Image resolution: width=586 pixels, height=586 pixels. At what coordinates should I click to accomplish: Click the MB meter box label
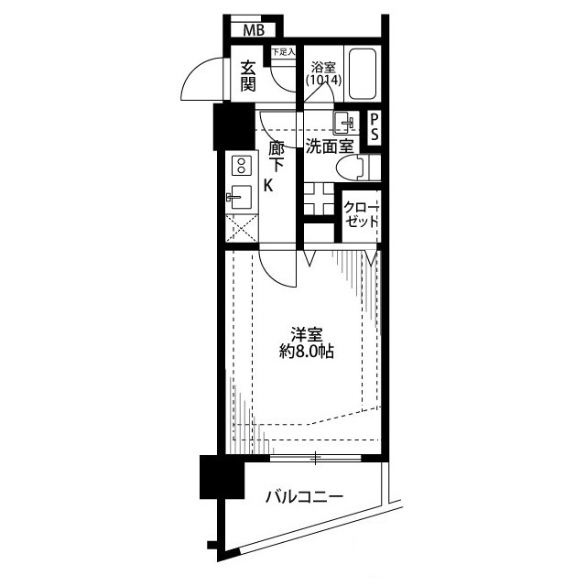(254, 30)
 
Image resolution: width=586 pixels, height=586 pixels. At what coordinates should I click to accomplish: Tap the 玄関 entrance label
(248, 76)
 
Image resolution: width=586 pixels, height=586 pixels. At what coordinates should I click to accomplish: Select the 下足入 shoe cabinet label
(283, 51)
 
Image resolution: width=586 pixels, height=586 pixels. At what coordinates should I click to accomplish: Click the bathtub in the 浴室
(362, 73)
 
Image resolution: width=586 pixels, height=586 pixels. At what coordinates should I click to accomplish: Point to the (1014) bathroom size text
(323, 80)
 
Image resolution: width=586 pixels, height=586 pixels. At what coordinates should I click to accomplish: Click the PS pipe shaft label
(374, 127)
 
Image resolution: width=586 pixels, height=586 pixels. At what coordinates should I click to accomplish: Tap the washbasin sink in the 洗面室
(344, 123)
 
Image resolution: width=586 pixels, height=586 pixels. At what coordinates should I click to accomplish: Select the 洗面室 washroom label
(330, 146)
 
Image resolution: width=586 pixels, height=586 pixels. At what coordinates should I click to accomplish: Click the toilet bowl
(351, 168)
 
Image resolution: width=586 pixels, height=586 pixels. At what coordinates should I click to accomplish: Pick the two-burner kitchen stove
(242, 166)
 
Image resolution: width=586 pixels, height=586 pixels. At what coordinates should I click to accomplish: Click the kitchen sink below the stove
(240, 197)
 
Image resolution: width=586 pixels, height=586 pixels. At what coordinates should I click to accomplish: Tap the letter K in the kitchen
(268, 186)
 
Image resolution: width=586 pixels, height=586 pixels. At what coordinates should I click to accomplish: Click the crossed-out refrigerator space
(242, 228)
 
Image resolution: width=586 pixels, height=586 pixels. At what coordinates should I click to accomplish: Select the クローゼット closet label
(362, 214)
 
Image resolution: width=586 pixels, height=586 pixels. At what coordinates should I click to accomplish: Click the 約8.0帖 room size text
(307, 352)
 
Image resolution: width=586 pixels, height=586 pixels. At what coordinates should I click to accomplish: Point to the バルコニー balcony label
(304, 497)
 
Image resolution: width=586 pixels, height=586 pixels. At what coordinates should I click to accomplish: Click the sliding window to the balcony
(315, 458)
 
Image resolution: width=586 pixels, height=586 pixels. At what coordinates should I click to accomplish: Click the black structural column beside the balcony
(222, 477)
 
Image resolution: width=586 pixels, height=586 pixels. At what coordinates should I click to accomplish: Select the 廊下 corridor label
(277, 157)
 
